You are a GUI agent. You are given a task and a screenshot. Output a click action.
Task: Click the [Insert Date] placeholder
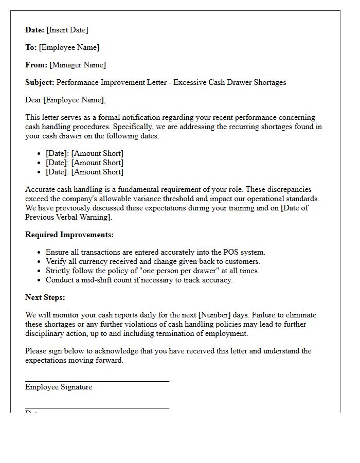click(x=68, y=30)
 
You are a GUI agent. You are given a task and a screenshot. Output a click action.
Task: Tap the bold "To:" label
click(x=31, y=47)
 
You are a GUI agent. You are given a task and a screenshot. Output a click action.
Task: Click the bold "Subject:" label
click(x=40, y=82)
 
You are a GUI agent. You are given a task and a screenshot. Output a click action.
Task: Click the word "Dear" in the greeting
click(x=34, y=100)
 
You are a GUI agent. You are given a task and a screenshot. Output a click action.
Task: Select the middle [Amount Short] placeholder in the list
click(x=97, y=163)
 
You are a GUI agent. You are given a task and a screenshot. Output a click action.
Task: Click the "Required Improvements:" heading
click(x=69, y=235)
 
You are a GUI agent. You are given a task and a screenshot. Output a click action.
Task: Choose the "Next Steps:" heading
click(x=45, y=297)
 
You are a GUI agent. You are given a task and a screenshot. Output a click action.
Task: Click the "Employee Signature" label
click(x=59, y=387)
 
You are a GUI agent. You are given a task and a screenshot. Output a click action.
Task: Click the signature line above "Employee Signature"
click(x=97, y=381)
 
